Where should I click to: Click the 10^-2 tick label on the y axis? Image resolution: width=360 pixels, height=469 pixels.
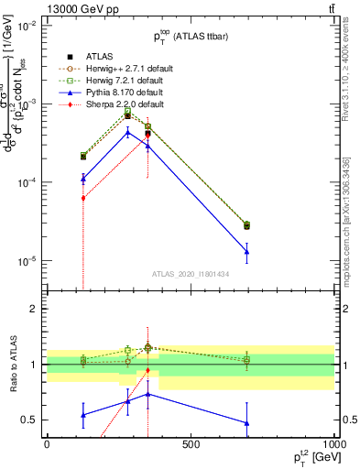(27, 26)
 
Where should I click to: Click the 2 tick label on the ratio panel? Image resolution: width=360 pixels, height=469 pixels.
(34, 310)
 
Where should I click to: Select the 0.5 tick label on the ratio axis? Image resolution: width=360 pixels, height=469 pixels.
(30, 420)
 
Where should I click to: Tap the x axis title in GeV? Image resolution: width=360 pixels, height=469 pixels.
(311, 457)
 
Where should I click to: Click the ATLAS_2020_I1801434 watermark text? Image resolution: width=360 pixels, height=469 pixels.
(191, 274)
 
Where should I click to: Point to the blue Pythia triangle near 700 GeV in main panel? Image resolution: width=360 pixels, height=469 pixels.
(246, 251)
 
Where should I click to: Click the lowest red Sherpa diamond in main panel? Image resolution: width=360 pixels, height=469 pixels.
(83, 198)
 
